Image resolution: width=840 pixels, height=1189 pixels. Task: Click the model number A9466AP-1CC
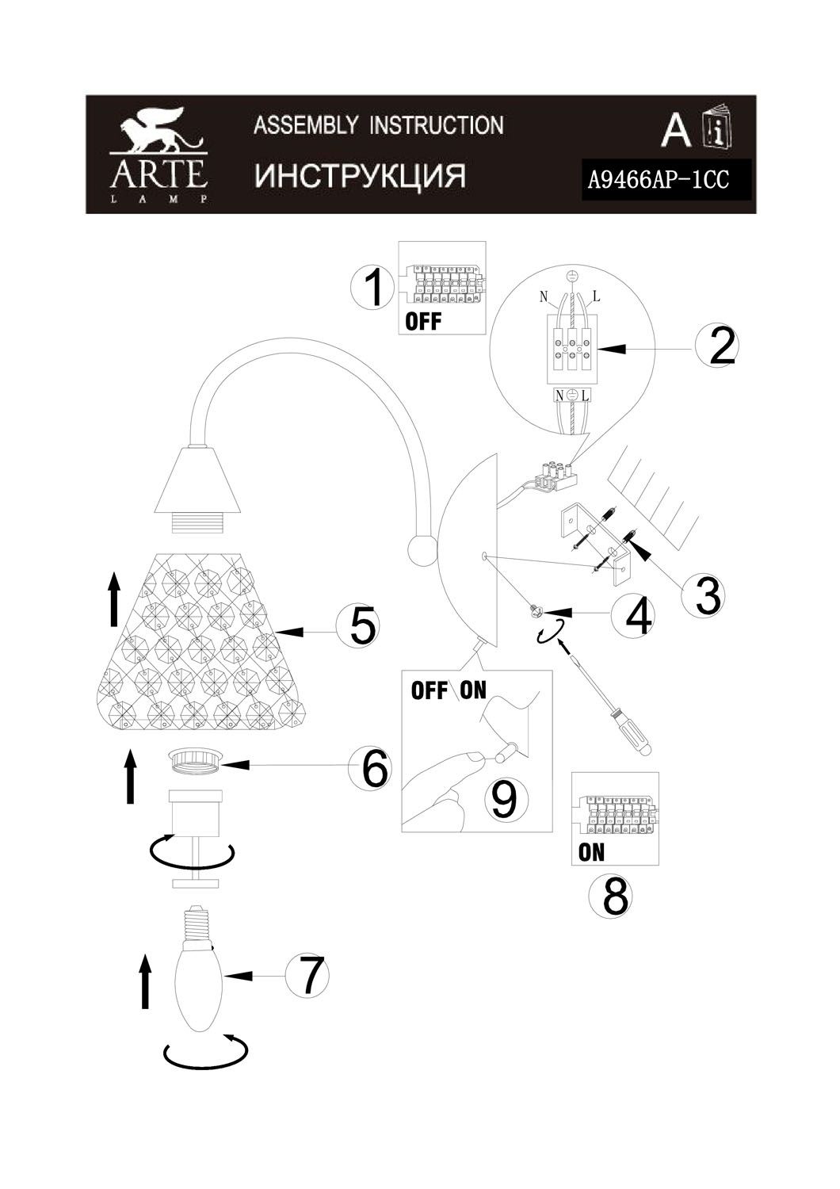point(659,181)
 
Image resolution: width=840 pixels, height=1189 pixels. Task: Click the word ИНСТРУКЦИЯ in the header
point(361,175)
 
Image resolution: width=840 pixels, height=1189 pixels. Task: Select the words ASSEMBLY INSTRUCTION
point(378,125)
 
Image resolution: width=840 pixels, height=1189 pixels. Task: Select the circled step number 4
point(634,614)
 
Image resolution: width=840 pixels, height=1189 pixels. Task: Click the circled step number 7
point(307,976)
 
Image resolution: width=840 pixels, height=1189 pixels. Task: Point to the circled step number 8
point(611,897)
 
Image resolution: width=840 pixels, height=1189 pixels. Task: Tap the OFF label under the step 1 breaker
point(423,321)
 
